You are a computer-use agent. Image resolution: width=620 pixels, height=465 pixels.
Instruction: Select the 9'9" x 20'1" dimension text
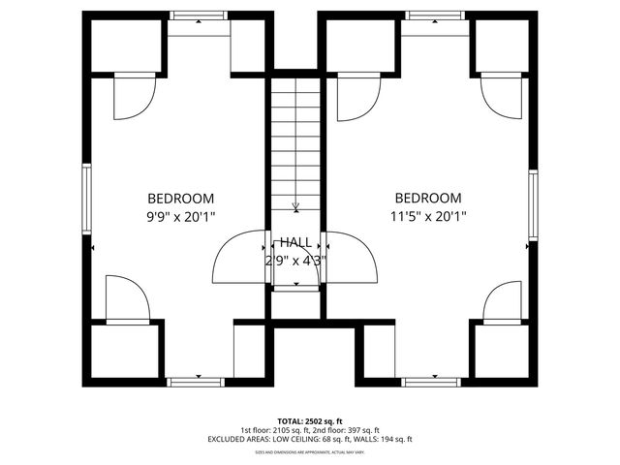coord(180,217)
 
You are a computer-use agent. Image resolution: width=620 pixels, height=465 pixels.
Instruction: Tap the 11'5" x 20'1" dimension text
coord(428,217)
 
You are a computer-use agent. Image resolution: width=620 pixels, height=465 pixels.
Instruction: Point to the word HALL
coord(296,241)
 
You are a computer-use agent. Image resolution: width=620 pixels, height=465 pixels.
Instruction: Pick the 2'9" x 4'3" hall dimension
coord(296,260)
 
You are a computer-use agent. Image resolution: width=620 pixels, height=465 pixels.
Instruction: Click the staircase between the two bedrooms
coord(295,145)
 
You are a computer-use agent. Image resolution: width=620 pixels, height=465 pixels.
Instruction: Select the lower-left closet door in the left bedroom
coord(126,298)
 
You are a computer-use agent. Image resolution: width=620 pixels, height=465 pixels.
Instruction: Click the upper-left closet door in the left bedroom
coord(134,97)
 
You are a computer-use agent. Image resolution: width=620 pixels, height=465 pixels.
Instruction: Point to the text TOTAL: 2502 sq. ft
coord(309,421)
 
